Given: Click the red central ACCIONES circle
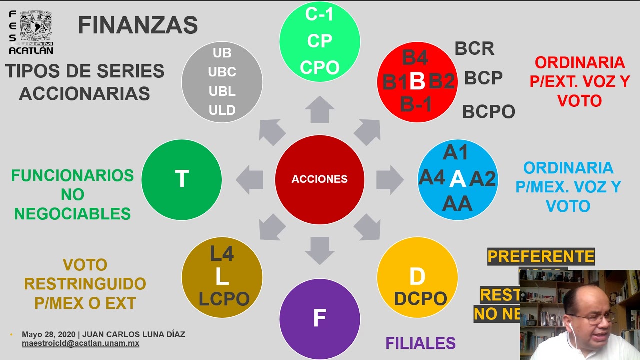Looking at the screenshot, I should [x=319, y=179].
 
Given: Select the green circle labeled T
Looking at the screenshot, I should [x=181, y=179].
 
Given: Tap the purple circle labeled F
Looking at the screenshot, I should [x=319, y=318].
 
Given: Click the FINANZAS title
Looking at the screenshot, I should [x=138, y=25].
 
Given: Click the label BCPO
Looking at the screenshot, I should [x=488, y=112].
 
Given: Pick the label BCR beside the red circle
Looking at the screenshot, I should [x=474, y=48].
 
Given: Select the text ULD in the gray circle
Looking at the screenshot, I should [x=222, y=110].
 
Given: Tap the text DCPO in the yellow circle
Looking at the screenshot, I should [x=420, y=298].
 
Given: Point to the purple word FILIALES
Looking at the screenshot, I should [x=420, y=343].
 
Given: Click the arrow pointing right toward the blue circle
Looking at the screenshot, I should [x=389, y=179].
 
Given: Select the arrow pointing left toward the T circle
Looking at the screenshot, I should [x=250, y=179].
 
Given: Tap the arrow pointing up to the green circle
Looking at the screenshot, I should [x=319, y=110].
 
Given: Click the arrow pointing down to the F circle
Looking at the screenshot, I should [x=319, y=250].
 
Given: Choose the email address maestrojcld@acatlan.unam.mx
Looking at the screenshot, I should [x=80, y=344].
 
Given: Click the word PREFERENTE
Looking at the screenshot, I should [x=541, y=256].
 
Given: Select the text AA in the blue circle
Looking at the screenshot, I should [x=457, y=203].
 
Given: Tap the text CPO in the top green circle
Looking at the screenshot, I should [x=319, y=67].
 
